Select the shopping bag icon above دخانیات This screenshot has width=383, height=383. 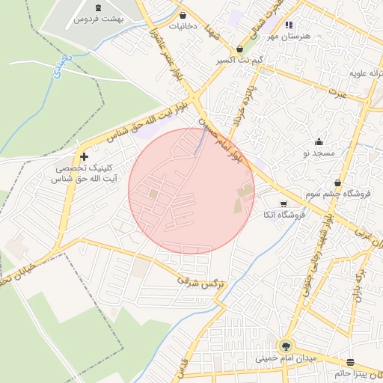pyautogui.click(x=183, y=15)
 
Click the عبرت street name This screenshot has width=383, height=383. pyautogui.click(x=340, y=94)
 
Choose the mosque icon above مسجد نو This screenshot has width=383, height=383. pyautogui.click(x=319, y=142)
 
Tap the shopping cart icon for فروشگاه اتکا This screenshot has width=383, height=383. pyautogui.click(x=283, y=203)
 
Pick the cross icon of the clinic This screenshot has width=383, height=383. pyautogui.click(x=84, y=157)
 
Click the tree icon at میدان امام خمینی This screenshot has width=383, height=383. pyautogui.click(x=285, y=346)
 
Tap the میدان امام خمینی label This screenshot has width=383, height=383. pyautogui.click(x=287, y=358)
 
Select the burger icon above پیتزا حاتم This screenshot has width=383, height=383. pyautogui.click(x=351, y=361)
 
